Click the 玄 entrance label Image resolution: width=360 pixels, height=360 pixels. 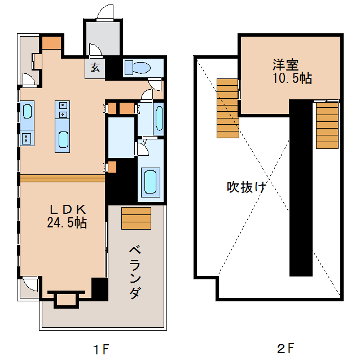click(x=95, y=68)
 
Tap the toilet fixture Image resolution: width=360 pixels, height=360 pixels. click(x=137, y=68)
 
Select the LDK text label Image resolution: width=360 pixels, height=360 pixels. click(x=66, y=209)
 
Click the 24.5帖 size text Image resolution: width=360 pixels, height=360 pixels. click(x=66, y=223)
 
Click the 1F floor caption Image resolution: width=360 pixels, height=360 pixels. click(x=102, y=348)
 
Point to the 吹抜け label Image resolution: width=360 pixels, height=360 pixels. click(x=246, y=187)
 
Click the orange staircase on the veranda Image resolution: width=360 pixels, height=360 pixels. click(x=136, y=218)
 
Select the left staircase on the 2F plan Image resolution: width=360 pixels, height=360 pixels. click(x=227, y=108)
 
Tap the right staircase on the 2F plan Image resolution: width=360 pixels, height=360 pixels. click(x=327, y=124)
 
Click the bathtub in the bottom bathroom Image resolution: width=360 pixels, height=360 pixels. click(x=150, y=181)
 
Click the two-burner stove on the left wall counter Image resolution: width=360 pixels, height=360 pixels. click(x=27, y=137)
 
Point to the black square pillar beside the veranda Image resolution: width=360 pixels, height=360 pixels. click(x=99, y=289)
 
